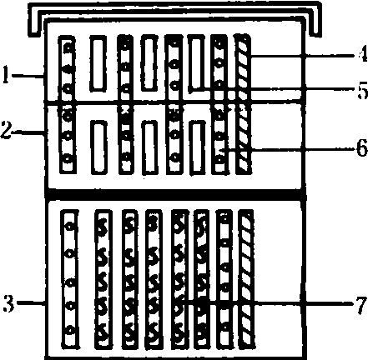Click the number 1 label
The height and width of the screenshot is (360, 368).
pyautogui.click(x=6, y=74)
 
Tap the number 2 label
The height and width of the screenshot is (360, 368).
pyautogui.click(x=6, y=130)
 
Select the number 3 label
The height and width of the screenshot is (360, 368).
pyautogui.click(x=8, y=303)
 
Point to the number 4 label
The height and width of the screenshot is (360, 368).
pyautogui.click(x=362, y=53)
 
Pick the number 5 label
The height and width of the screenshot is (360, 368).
pyautogui.click(x=363, y=89)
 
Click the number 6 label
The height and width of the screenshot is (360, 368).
pyautogui.click(x=362, y=148)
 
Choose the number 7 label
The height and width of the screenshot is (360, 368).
pyautogui.click(x=361, y=303)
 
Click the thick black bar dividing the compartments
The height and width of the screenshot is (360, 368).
pyautogui.click(x=176, y=193)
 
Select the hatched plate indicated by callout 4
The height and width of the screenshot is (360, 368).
pyautogui.click(x=243, y=104)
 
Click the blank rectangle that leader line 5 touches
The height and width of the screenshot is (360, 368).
pyautogui.click(x=195, y=63)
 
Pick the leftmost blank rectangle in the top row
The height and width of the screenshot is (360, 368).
pyautogui.click(x=98, y=63)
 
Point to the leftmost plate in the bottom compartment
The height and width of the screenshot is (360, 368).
pyautogui.click(x=70, y=279)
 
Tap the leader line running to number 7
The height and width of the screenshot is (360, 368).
pyautogui.click(x=270, y=303)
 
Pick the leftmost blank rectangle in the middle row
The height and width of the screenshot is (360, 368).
pyautogui.click(x=99, y=147)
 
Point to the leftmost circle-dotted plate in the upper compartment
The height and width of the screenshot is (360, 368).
pyautogui.click(x=68, y=104)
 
